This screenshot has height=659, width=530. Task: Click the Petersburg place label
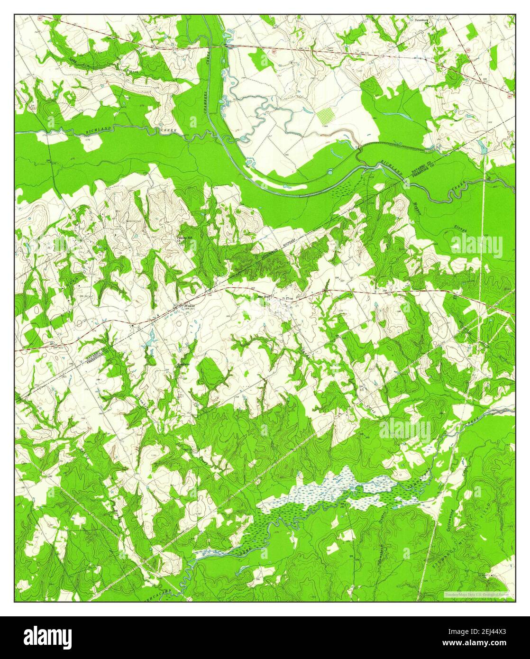click(421, 21)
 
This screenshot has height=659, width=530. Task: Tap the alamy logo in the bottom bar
click(48, 635)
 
